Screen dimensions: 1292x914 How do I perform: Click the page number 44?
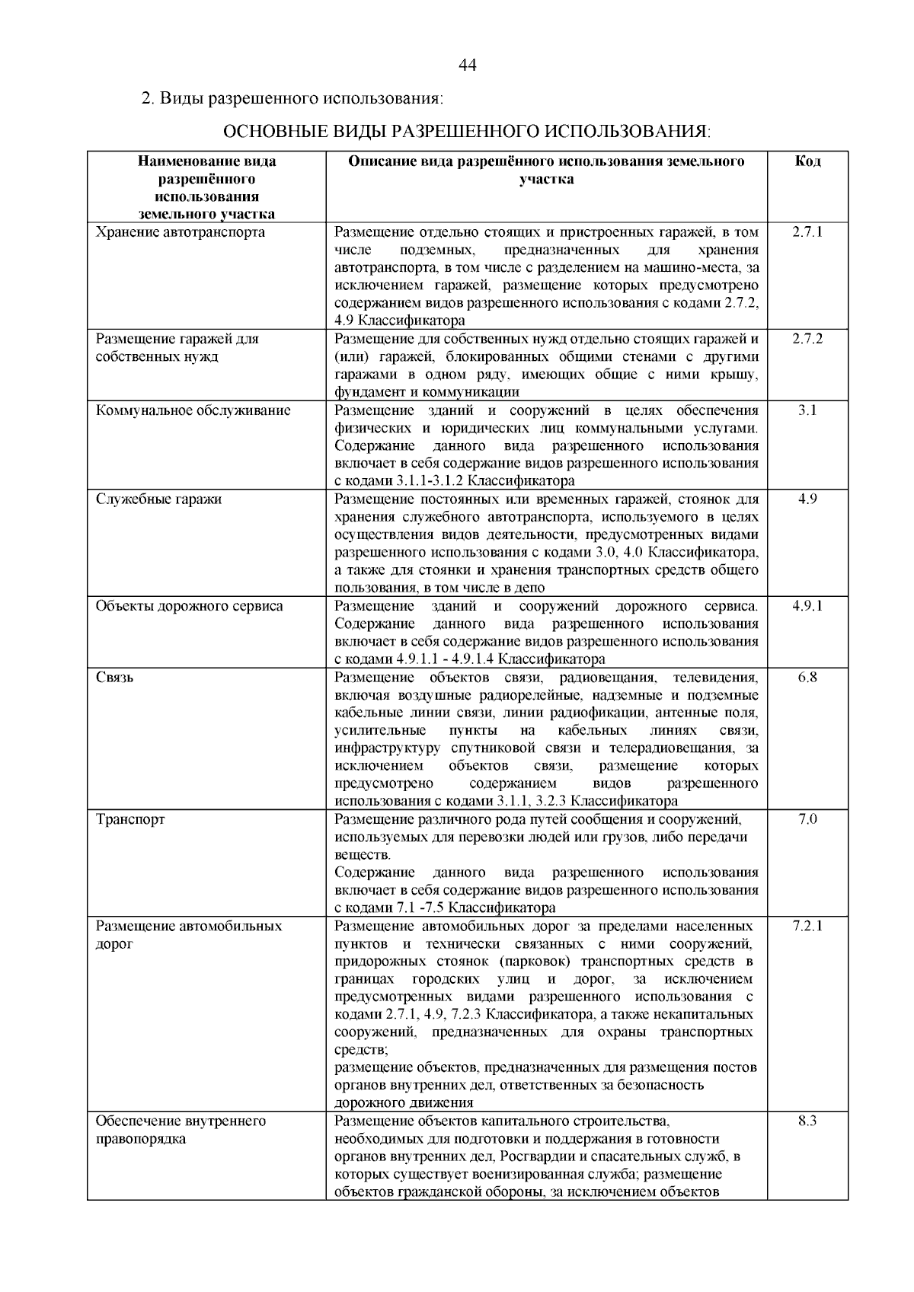(468, 65)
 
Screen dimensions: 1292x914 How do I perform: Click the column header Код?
(807, 161)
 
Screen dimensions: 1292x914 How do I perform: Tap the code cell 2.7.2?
(807, 339)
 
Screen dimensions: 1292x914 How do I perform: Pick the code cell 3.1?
(807, 410)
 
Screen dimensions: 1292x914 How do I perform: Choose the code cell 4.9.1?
(807, 607)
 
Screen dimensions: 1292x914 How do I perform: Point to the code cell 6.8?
(807, 678)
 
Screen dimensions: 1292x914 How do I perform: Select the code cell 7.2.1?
(807, 927)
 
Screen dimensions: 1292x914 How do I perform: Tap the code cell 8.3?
(807, 1121)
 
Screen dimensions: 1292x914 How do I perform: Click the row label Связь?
(115, 678)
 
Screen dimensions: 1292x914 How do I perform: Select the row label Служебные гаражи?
(159, 499)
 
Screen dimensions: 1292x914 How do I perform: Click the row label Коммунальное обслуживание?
(193, 410)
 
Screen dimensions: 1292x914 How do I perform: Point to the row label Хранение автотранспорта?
(181, 232)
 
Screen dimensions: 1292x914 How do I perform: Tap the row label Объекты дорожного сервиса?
(190, 607)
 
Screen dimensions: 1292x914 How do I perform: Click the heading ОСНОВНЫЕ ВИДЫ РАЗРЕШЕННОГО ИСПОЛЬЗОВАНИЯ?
(466, 132)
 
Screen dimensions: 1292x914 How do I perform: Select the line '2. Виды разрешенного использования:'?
(292, 99)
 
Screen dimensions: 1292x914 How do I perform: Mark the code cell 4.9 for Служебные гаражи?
(807, 499)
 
